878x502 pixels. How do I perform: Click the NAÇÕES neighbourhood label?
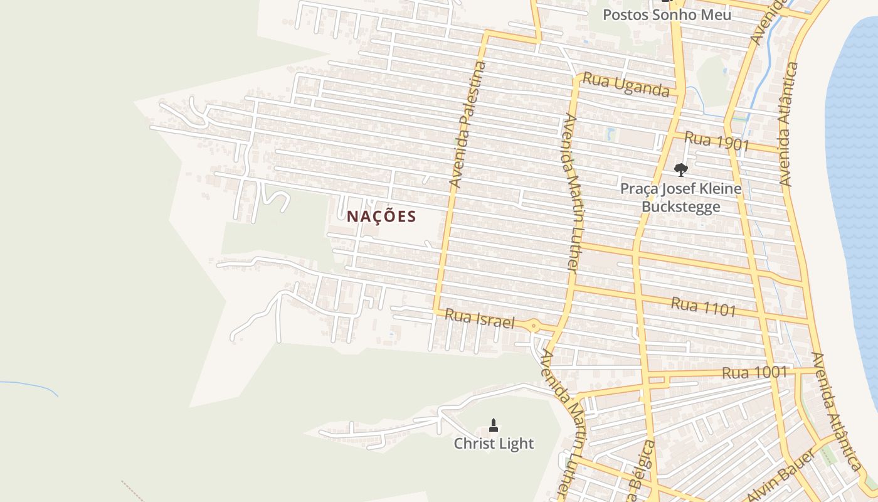pos(381,216)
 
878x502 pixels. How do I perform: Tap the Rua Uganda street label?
pos(625,85)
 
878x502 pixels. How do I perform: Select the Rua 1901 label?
pos(717,141)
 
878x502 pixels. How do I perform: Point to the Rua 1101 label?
pos(703,307)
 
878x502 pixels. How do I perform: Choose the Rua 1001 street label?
pos(754,373)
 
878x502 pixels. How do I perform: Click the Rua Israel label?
pos(479,319)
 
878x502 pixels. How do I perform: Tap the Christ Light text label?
pos(494,444)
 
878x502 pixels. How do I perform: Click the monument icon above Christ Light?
pos(494,425)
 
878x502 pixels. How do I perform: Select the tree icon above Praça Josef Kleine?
pos(680,169)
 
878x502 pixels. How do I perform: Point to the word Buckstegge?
pos(680,207)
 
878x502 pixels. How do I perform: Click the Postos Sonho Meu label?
pos(667,14)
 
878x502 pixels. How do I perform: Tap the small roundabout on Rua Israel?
pos(533,325)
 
